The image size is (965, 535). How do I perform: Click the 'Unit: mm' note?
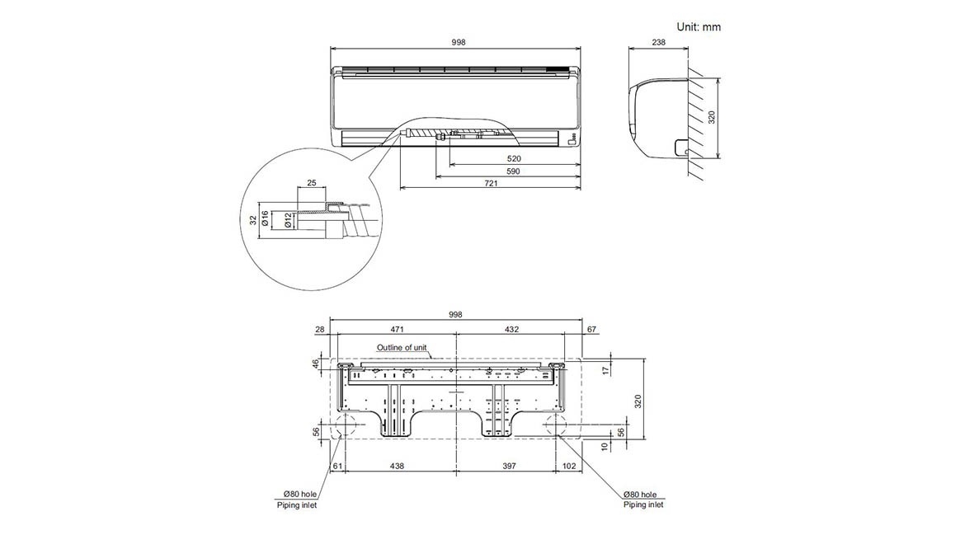(x=699, y=27)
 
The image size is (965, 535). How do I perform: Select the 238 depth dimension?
(x=658, y=42)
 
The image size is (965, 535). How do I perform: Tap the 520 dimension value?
(x=513, y=158)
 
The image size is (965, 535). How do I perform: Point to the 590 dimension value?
(x=513, y=171)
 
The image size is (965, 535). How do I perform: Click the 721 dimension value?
(x=491, y=183)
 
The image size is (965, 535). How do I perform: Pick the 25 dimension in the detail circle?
(x=312, y=183)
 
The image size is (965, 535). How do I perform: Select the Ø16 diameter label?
(x=266, y=218)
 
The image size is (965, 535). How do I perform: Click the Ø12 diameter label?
(x=288, y=221)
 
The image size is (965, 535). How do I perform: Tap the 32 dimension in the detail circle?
(x=253, y=219)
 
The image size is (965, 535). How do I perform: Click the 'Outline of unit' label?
(x=402, y=347)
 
